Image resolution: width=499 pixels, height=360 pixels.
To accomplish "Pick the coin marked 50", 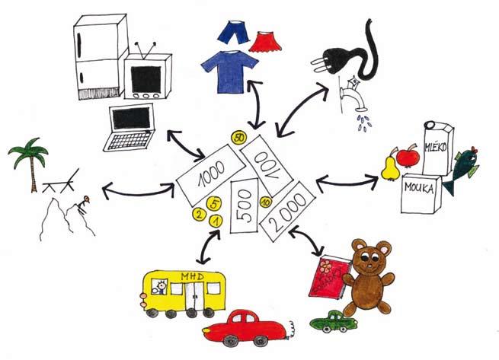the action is pos(239,138).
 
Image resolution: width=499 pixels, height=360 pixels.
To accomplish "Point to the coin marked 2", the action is pos(199,215).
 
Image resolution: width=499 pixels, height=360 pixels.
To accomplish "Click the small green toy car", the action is pos(333,321).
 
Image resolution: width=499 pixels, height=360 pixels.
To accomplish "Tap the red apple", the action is pos(407,157).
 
